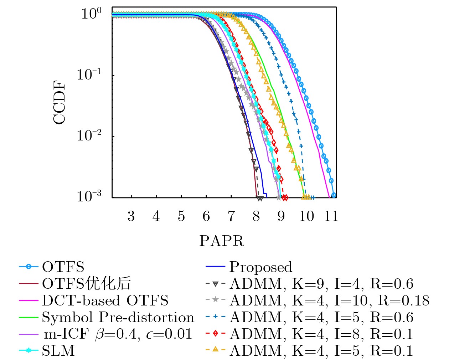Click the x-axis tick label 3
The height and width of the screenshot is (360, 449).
click(x=131, y=216)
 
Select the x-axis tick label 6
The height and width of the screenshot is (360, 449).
click(x=206, y=216)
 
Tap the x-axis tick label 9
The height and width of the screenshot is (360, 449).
click(x=281, y=216)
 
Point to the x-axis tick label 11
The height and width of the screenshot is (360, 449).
click(x=331, y=216)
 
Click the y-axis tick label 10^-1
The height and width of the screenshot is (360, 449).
click(x=89, y=75)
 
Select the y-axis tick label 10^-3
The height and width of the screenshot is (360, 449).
click(x=89, y=196)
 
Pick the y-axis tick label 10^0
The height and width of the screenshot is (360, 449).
click(x=92, y=14)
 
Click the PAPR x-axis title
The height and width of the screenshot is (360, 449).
click(x=222, y=241)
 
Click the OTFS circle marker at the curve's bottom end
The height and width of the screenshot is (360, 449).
click(x=334, y=195)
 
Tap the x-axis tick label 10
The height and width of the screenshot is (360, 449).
click(x=306, y=216)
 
